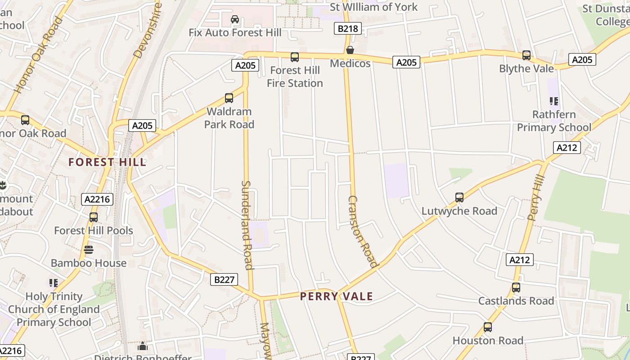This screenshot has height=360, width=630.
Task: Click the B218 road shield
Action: (348, 29)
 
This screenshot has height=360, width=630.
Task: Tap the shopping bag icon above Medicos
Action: (350, 50)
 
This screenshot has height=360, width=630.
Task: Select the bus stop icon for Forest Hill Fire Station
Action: (295, 57)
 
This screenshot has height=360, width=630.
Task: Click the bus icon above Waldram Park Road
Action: (229, 98)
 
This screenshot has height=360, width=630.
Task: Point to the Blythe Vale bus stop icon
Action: (526, 55)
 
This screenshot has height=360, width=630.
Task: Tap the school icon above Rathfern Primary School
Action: (553, 101)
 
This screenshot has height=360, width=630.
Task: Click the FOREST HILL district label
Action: (108, 162)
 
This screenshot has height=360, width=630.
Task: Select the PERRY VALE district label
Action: (337, 296)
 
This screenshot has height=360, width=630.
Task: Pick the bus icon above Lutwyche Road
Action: (459, 198)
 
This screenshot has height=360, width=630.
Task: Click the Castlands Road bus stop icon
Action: (516, 288)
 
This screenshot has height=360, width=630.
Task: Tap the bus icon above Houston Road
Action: (488, 327)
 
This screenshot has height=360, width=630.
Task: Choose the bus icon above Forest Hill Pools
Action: (94, 217)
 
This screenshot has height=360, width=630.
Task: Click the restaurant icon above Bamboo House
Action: (89, 250)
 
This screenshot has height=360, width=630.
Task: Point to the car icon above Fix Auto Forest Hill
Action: (235, 19)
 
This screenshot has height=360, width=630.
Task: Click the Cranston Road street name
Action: (362, 231)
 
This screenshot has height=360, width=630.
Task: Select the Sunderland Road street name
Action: (247, 225)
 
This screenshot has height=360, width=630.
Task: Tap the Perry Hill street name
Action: (536, 198)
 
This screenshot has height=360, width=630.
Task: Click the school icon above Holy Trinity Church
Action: (54, 283)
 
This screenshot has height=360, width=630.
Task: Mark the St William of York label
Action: (373, 7)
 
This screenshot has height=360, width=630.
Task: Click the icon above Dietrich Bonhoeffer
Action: (143, 346)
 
